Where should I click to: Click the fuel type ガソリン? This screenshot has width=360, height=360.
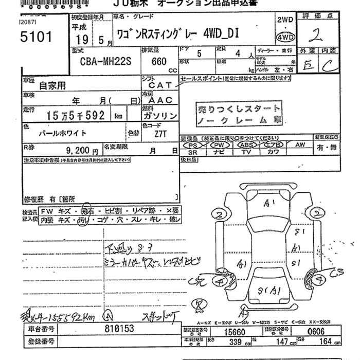click(159, 116)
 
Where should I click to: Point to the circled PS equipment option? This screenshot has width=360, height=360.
click(193, 146)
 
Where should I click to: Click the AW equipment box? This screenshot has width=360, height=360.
click(300, 145)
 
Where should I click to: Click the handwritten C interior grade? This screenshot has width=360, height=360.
click(331, 65)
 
